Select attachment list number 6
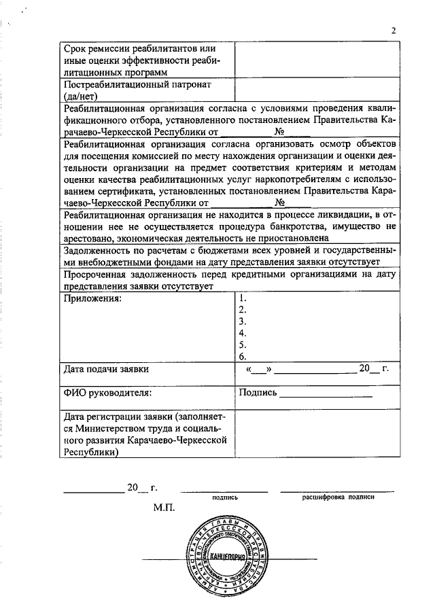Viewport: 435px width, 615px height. coord(243,356)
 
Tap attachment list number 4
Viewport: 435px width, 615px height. coord(243,333)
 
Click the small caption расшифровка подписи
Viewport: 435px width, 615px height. coord(338,497)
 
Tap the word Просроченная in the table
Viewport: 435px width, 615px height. coord(95,275)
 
